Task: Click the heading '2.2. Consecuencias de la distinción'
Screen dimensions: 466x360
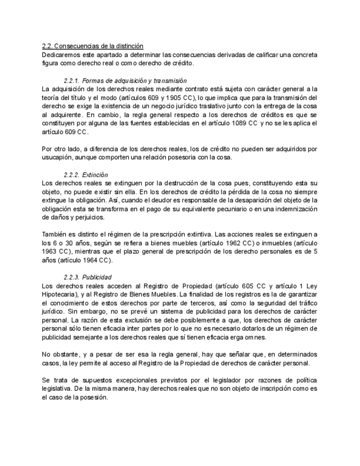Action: [x=92, y=46]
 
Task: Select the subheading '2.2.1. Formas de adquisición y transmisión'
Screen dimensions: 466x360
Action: [x=125, y=80]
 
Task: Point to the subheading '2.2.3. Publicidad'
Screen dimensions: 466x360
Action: [x=87, y=277]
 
